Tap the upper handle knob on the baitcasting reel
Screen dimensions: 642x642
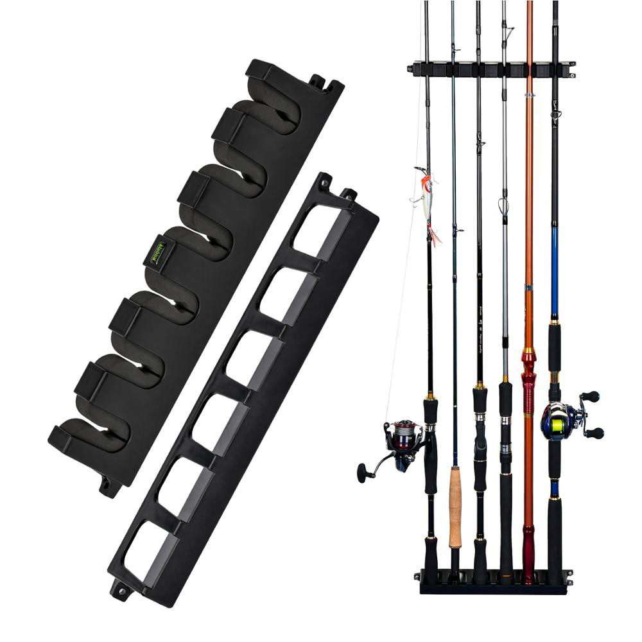[x=592, y=396]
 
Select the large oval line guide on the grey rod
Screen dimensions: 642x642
[x=503, y=205]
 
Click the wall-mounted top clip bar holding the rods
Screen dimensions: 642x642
[x=491, y=68]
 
